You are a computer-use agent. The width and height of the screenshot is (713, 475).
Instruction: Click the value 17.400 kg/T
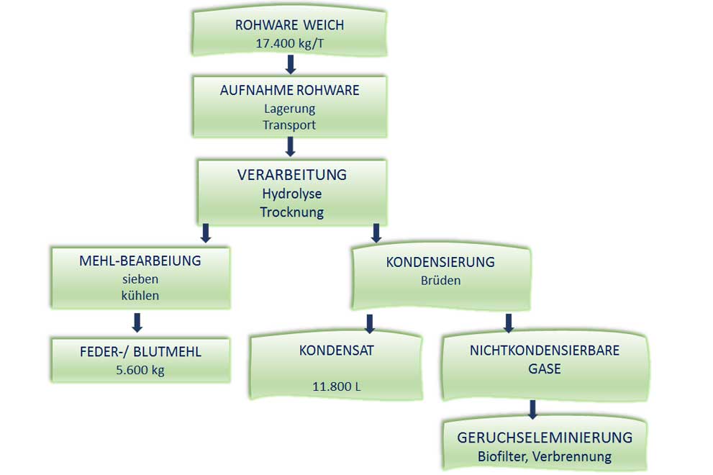tap(289, 43)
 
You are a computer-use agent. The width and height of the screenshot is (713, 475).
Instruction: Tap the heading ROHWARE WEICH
tap(289, 25)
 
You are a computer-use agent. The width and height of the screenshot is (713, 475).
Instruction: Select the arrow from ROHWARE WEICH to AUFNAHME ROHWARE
tap(291, 65)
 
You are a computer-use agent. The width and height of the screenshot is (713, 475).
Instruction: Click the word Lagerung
tap(289, 109)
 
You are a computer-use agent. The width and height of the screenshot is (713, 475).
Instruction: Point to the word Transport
tap(289, 125)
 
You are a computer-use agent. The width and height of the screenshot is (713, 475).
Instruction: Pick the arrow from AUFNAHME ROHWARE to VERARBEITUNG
tap(291, 147)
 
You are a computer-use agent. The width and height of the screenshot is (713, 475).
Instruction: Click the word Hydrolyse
tap(291, 194)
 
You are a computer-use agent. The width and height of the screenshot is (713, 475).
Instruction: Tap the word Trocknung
tap(291, 212)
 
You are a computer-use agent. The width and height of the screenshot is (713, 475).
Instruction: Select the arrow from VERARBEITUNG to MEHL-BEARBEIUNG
tap(205, 232)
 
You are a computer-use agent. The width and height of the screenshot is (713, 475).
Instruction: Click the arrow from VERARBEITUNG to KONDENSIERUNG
tap(376, 232)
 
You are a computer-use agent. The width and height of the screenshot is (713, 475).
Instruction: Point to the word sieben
tap(140, 278)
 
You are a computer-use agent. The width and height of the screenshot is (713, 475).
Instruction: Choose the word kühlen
tap(140, 294)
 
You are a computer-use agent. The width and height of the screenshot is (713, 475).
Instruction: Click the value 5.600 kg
tap(140, 371)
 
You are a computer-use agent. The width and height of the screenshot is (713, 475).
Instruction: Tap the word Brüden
tap(440, 280)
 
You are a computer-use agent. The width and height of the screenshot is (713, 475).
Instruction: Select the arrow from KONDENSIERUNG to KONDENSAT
tap(370, 323)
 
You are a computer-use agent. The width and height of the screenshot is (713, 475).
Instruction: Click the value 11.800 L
tap(336, 386)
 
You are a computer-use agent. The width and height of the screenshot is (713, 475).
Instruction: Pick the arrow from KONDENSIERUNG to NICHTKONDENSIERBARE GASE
tap(508, 323)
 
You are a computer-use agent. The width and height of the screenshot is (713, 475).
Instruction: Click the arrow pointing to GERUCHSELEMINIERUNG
tap(532, 410)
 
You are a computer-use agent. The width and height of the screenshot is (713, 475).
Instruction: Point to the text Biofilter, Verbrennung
tap(544, 456)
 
